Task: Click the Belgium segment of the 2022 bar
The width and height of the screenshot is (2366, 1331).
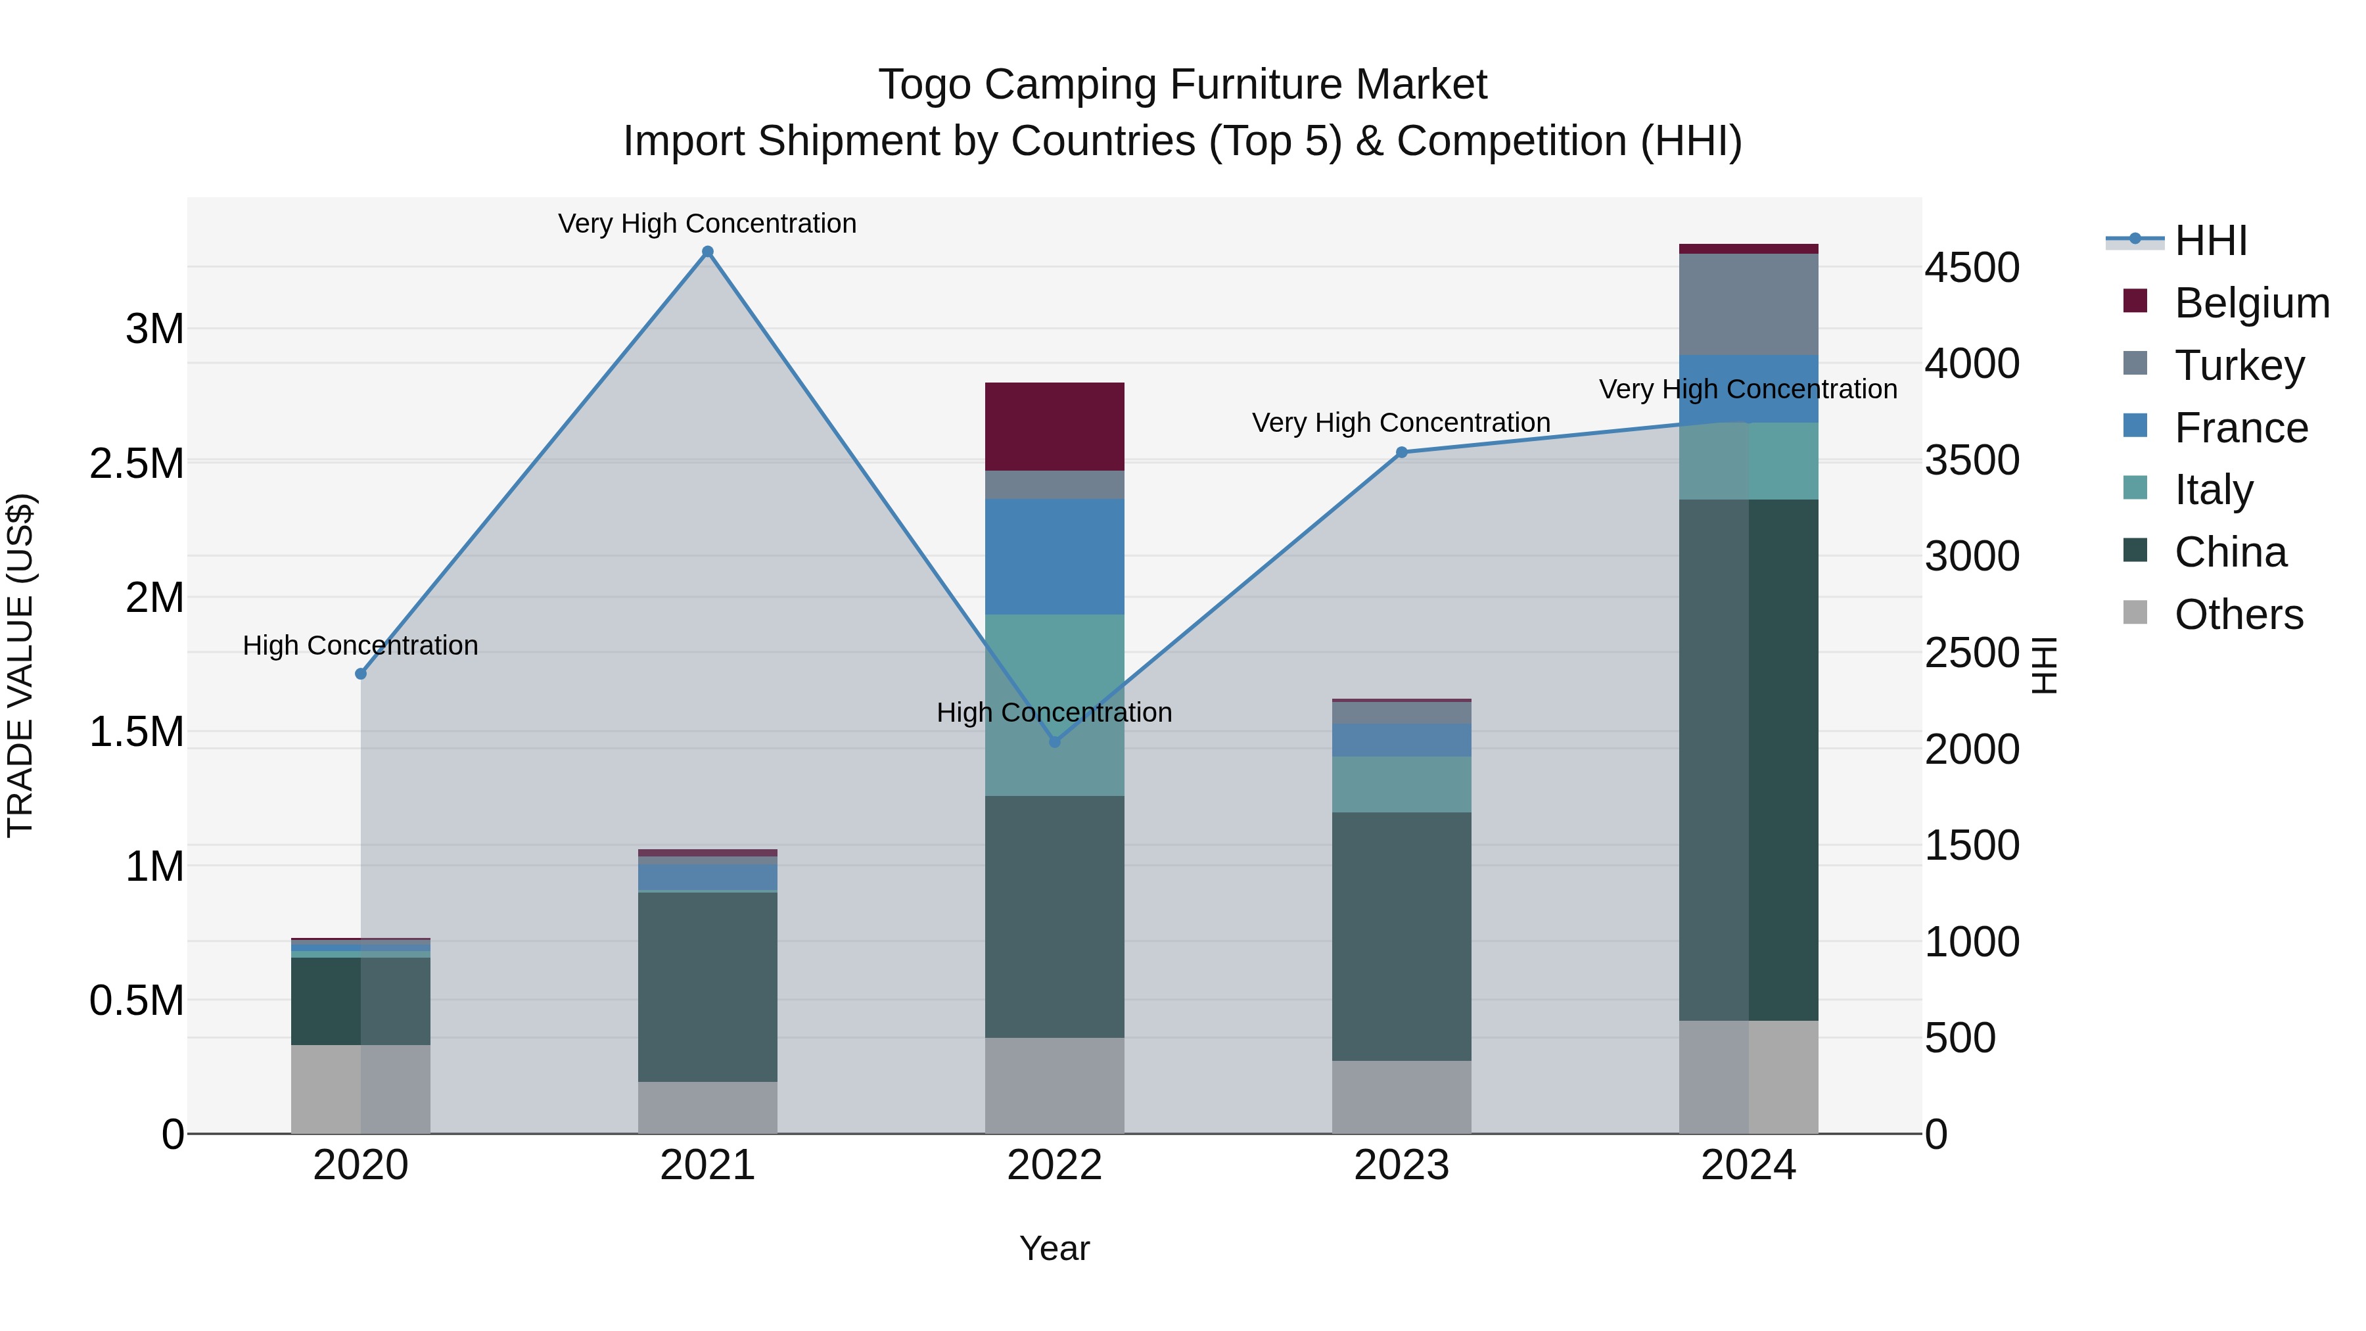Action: tap(1054, 426)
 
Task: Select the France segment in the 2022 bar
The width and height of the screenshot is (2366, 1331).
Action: tap(1054, 557)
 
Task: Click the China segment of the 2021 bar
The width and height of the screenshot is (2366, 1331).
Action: tap(707, 987)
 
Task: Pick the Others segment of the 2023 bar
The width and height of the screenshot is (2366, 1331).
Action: tap(1402, 1097)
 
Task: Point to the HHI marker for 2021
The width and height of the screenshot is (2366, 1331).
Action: tap(707, 252)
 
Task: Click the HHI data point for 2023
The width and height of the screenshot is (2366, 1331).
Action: tap(1402, 452)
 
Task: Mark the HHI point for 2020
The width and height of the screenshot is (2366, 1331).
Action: tap(361, 673)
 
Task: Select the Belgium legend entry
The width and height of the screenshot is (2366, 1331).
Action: tap(2251, 303)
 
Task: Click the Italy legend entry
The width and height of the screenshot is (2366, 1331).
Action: tap(2213, 490)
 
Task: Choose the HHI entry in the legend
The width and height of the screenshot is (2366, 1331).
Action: tap(2210, 241)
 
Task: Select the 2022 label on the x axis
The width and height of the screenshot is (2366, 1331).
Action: tap(1054, 1165)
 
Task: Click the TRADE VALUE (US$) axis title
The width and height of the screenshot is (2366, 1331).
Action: tap(20, 665)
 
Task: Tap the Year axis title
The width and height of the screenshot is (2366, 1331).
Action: tap(1054, 1248)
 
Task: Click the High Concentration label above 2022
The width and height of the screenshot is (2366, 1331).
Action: tap(1054, 712)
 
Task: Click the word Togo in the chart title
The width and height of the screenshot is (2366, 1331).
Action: tap(924, 85)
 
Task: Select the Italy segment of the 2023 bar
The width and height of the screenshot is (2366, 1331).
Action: tap(1402, 784)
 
